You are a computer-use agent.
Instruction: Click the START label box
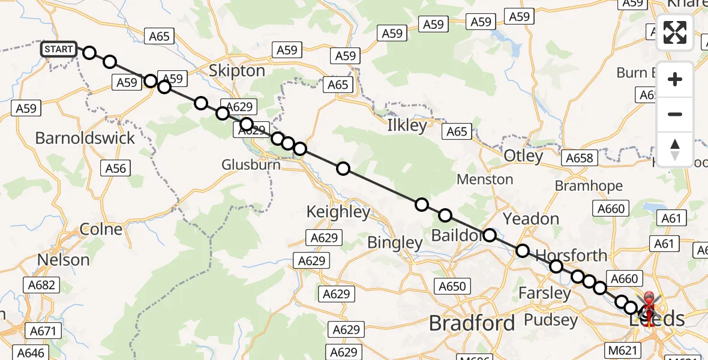[x=59, y=49]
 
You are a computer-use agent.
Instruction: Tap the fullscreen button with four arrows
[x=675, y=32]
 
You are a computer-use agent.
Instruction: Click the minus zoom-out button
[x=675, y=114]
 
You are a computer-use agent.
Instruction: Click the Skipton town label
[x=236, y=71]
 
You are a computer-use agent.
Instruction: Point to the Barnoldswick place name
[x=85, y=138]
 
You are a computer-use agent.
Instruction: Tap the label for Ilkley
[x=407, y=126]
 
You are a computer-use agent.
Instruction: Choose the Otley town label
[x=523, y=156]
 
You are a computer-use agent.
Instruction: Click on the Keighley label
[x=338, y=212]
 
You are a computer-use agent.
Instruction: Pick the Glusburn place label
[x=251, y=164]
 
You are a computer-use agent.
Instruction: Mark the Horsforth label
[x=571, y=256]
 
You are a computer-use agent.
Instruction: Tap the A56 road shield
[x=116, y=168]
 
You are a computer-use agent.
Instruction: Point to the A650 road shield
[x=452, y=286]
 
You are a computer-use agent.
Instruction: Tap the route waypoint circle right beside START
[x=89, y=52]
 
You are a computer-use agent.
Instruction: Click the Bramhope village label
[x=589, y=186]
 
